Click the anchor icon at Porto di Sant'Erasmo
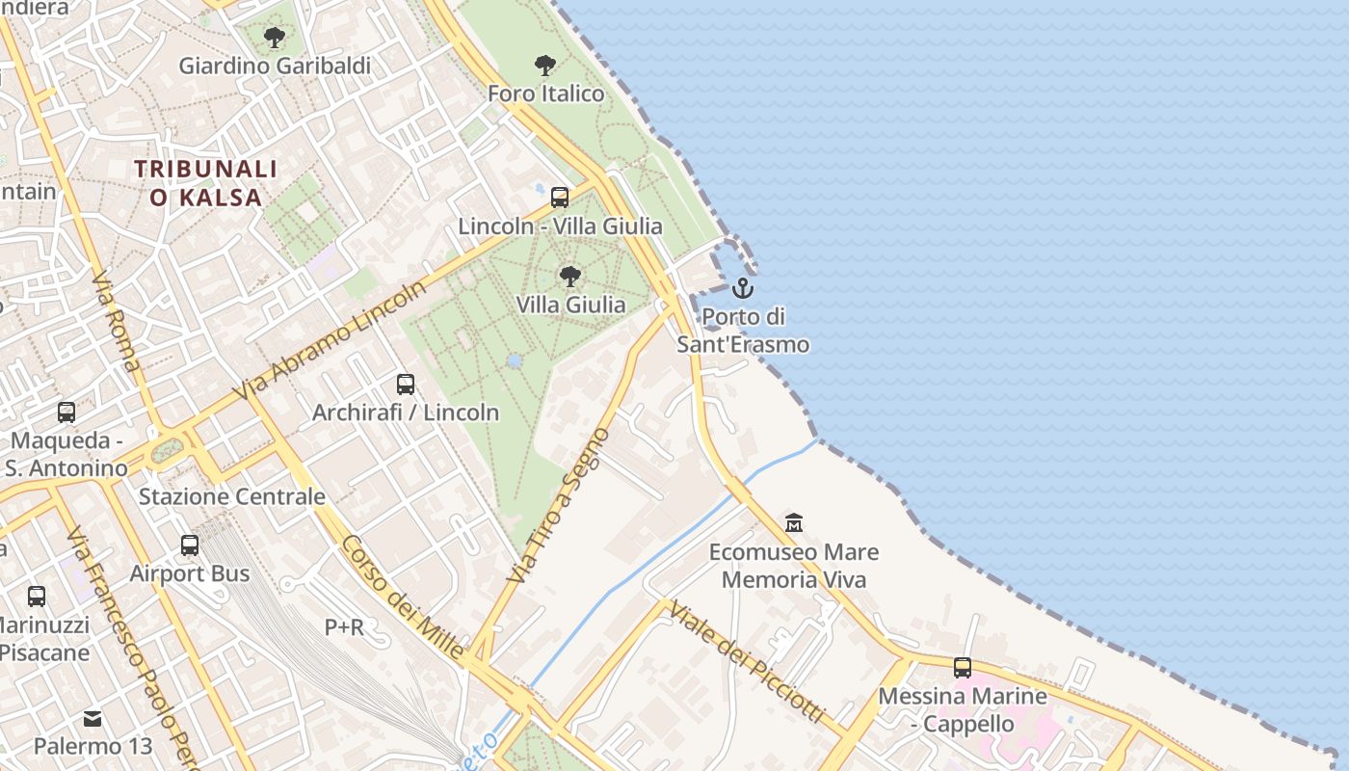[x=742, y=287]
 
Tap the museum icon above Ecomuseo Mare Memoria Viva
[x=794, y=523]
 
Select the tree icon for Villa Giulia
[x=570, y=277]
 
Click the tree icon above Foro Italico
[x=545, y=66]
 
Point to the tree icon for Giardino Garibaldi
[x=275, y=38]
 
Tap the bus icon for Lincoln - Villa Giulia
[x=560, y=198]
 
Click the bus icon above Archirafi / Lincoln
[x=406, y=385]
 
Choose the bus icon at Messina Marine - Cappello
[x=962, y=667]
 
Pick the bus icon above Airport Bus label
[x=190, y=545]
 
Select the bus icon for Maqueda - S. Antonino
[x=66, y=412]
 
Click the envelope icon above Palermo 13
[x=93, y=718]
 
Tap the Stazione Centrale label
[x=232, y=497]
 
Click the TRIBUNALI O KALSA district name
[x=206, y=183]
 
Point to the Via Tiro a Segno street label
[x=558, y=505]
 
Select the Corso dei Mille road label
[x=402, y=598]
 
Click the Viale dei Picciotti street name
[x=747, y=661]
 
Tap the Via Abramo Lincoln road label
[x=330, y=341]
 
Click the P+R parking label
[x=344, y=627]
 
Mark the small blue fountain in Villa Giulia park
[x=515, y=360]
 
